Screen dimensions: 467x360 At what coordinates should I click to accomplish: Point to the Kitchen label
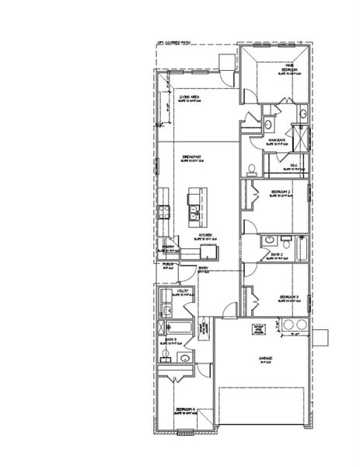pos(205,234)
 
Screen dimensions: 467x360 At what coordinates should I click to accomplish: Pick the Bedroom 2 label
pos(281,191)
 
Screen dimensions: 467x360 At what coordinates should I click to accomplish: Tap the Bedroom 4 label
pos(185,409)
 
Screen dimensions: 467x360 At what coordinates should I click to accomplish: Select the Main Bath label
pos(277,141)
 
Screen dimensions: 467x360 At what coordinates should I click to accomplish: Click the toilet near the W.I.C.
pos(251,169)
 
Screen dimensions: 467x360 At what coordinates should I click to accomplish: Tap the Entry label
pos(203,269)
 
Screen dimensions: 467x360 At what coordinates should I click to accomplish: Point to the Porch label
pos(167,264)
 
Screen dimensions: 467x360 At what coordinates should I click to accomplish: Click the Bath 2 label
pos(277,255)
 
